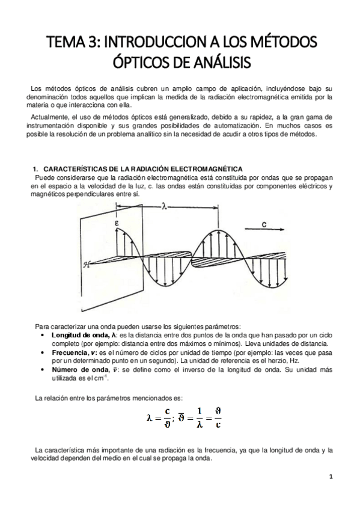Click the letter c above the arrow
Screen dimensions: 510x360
click(263, 224)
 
